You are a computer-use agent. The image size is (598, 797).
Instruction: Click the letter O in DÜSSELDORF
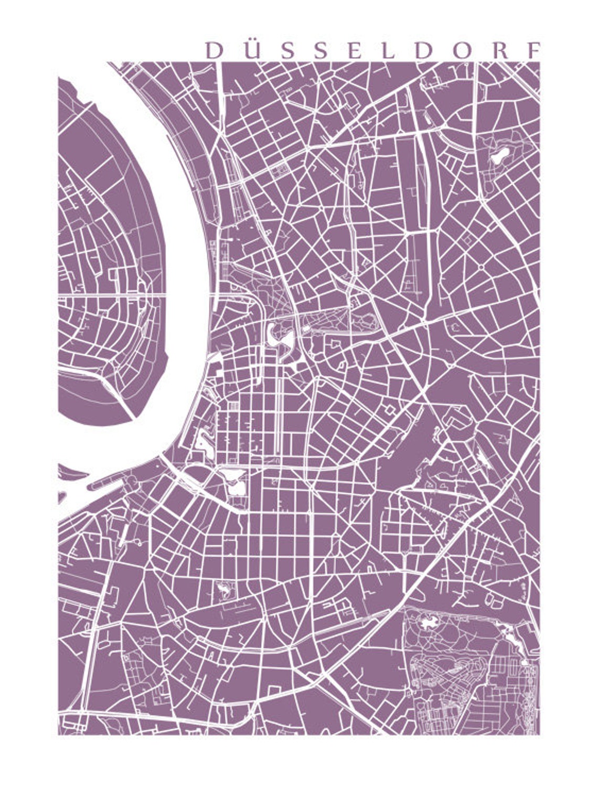coord(461,51)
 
